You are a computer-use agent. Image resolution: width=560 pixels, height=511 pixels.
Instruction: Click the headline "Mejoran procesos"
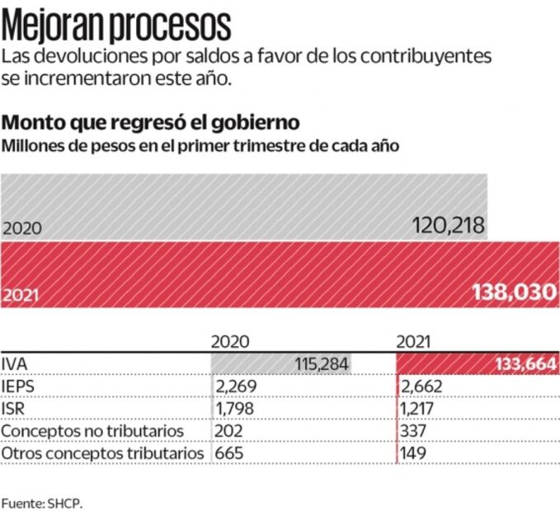point(116,25)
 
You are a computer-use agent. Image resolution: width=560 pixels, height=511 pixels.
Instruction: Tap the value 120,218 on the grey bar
point(449,227)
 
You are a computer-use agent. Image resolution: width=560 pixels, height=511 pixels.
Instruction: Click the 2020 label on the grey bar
point(21,230)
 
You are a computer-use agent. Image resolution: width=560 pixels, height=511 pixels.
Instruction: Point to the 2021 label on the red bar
point(21,293)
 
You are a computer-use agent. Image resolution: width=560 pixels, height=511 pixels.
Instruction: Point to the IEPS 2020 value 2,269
point(235,387)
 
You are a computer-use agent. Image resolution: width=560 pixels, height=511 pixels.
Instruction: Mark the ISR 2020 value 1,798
point(235,409)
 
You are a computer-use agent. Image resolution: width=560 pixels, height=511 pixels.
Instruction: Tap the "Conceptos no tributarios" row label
point(93,431)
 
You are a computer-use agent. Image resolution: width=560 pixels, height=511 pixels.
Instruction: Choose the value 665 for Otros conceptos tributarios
point(229,453)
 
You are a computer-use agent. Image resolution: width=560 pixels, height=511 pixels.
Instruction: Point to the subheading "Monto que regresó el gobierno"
point(151,123)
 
